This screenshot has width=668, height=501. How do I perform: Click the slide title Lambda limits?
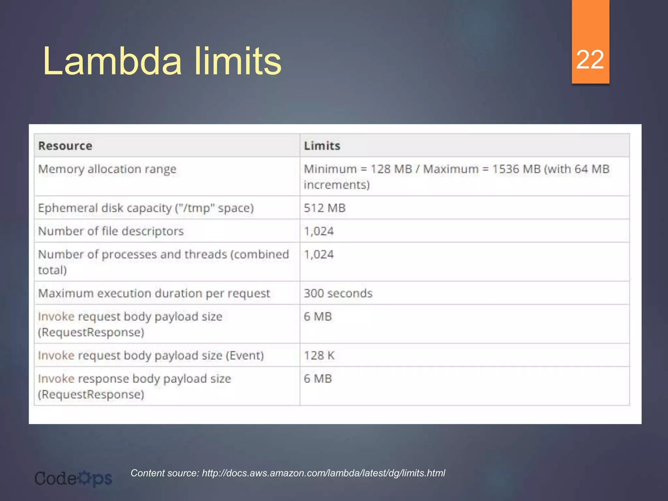click(x=162, y=61)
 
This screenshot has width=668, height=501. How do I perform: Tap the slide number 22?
click(x=590, y=60)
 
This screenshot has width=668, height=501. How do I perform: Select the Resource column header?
click(x=65, y=146)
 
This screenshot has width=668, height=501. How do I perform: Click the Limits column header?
click(x=322, y=146)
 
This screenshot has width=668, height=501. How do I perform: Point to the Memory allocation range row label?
click(x=107, y=169)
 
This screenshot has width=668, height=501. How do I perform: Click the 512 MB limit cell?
click(x=325, y=208)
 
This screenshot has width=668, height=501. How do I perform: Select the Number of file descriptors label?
click(x=111, y=231)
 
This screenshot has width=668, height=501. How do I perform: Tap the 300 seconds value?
click(x=338, y=293)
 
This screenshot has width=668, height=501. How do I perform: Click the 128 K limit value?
click(x=319, y=355)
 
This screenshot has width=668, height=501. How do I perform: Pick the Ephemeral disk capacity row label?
click(x=146, y=208)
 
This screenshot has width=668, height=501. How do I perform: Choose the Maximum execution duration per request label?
click(x=154, y=293)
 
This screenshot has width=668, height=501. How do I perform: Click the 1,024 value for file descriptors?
click(x=319, y=231)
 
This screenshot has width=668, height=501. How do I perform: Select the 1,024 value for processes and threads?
click(x=319, y=254)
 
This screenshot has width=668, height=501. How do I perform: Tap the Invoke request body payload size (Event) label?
click(x=151, y=355)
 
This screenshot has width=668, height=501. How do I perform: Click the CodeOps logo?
click(x=73, y=478)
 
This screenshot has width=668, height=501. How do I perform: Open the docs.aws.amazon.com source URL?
click(x=323, y=473)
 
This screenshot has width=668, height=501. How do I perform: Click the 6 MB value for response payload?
click(x=318, y=379)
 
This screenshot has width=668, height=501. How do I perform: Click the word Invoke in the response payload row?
click(x=56, y=379)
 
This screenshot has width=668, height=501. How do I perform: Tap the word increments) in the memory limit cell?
click(x=337, y=185)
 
